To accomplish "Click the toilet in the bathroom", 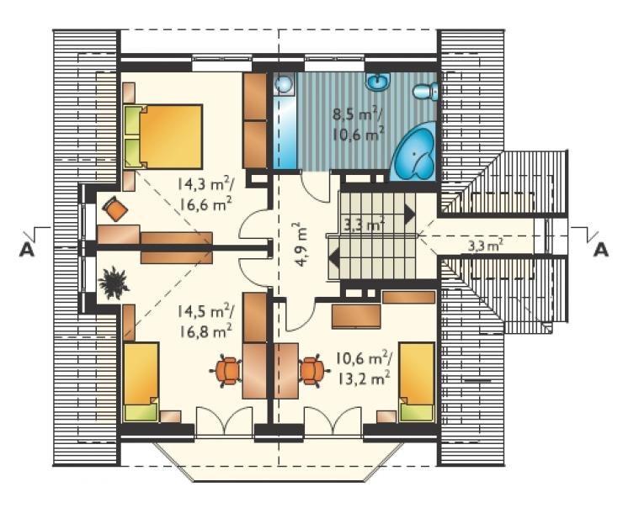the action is pyautogui.click(x=425, y=91).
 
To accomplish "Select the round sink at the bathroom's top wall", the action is pyautogui.click(x=378, y=82).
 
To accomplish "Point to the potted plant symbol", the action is pyautogui.click(x=114, y=283).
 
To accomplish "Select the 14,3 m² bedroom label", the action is pyautogui.click(x=205, y=183).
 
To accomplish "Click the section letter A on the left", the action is pyautogui.click(x=27, y=250).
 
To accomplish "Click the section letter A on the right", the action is pyautogui.click(x=601, y=250).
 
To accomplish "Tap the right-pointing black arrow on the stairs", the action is pyautogui.click(x=410, y=214).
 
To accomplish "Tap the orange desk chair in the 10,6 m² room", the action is pyautogui.click(x=314, y=370).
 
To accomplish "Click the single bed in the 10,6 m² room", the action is pyautogui.click(x=417, y=382).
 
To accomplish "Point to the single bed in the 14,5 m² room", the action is pyautogui.click(x=141, y=382).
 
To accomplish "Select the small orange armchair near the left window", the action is pyautogui.click(x=114, y=209).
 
